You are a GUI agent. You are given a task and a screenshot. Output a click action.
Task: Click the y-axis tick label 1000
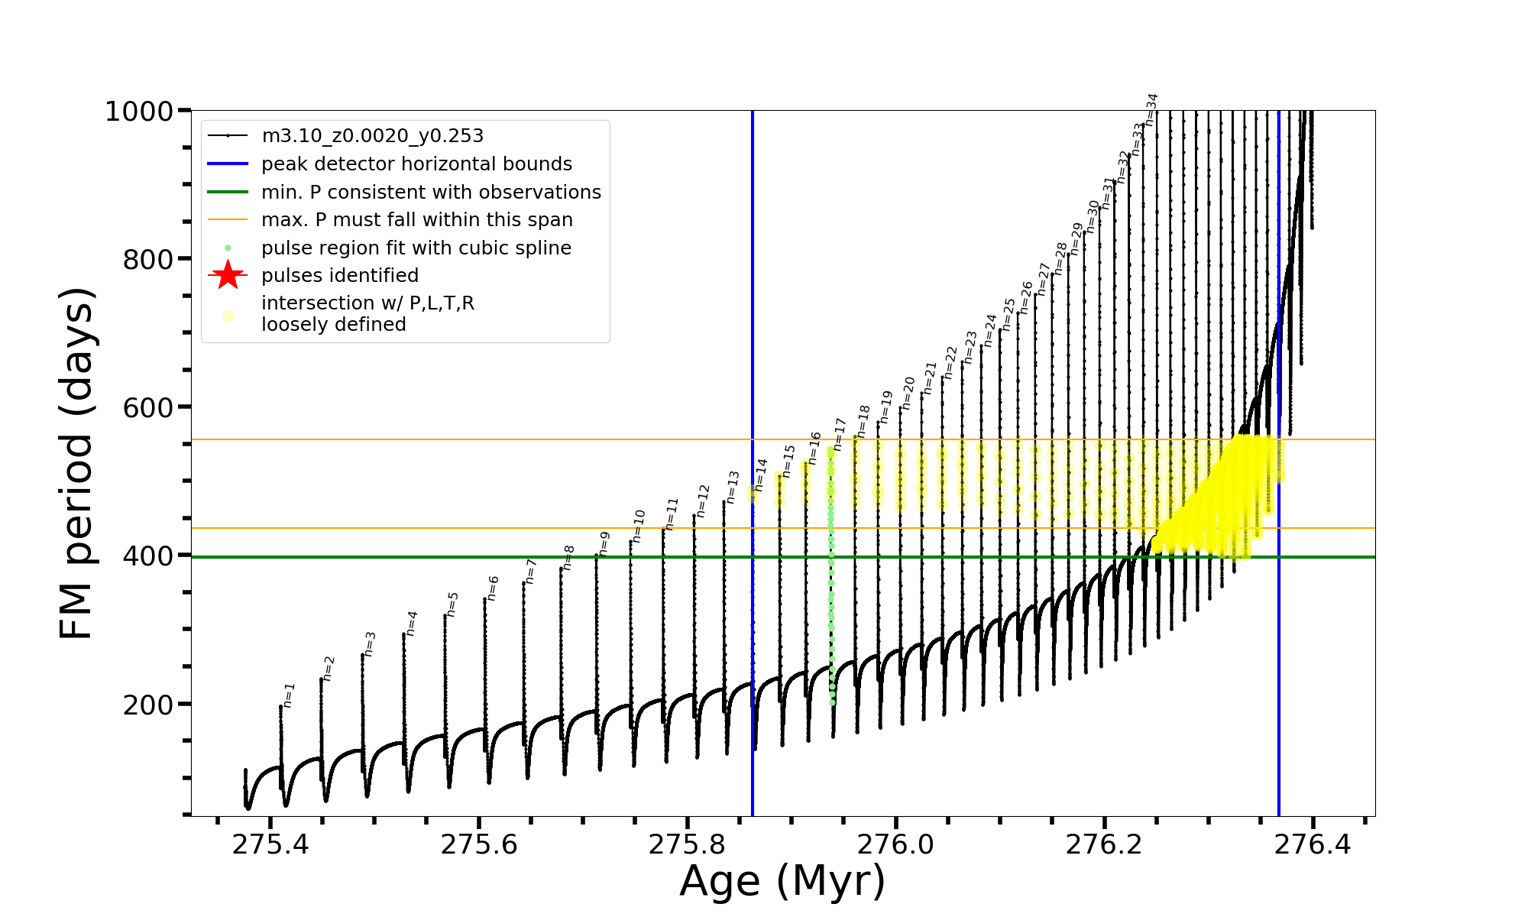(x=139, y=112)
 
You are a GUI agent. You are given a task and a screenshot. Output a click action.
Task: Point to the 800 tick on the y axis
(x=148, y=260)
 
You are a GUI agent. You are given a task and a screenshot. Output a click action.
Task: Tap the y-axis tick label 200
(x=148, y=705)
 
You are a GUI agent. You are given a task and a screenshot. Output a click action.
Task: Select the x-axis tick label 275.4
(x=270, y=844)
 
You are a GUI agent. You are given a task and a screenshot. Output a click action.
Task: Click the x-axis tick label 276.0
(x=895, y=844)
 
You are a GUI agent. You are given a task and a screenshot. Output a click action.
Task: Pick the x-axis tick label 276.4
(x=1313, y=844)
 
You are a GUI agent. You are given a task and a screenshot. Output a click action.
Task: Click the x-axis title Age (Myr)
(x=782, y=881)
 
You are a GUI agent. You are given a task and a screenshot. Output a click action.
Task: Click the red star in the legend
(x=228, y=275)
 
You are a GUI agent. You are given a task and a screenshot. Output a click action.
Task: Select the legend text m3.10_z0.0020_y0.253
(x=372, y=136)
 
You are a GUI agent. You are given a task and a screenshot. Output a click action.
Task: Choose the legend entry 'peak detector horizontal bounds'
(x=416, y=164)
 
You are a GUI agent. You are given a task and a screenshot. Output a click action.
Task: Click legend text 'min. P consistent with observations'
(x=431, y=192)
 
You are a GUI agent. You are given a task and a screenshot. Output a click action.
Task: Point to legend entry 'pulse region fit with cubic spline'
(x=416, y=248)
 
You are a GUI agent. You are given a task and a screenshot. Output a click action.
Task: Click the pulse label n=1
(x=289, y=695)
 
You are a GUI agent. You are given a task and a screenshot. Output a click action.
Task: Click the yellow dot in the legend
(x=228, y=315)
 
